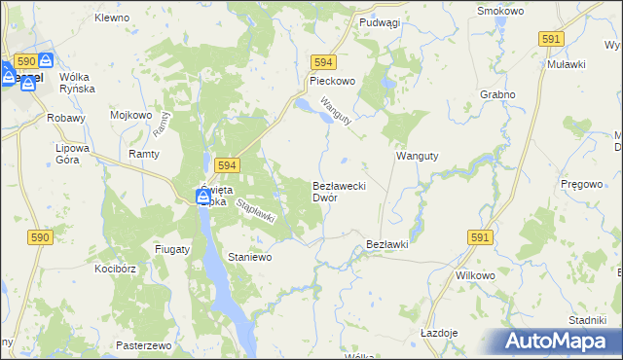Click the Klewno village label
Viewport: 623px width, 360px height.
pos(113,18)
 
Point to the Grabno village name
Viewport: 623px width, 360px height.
pos(497,95)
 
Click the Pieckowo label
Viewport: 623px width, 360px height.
pos(332,83)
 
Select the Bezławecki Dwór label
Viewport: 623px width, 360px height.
pos(338,191)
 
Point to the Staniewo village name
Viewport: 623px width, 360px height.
pos(248,257)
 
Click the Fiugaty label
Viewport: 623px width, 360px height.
pos(171,249)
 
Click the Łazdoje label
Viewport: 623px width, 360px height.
pos(439,332)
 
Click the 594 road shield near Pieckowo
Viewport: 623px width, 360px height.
pos(323,60)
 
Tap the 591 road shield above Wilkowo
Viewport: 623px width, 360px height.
pos(479,236)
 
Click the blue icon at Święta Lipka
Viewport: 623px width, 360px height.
pos(203,198)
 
